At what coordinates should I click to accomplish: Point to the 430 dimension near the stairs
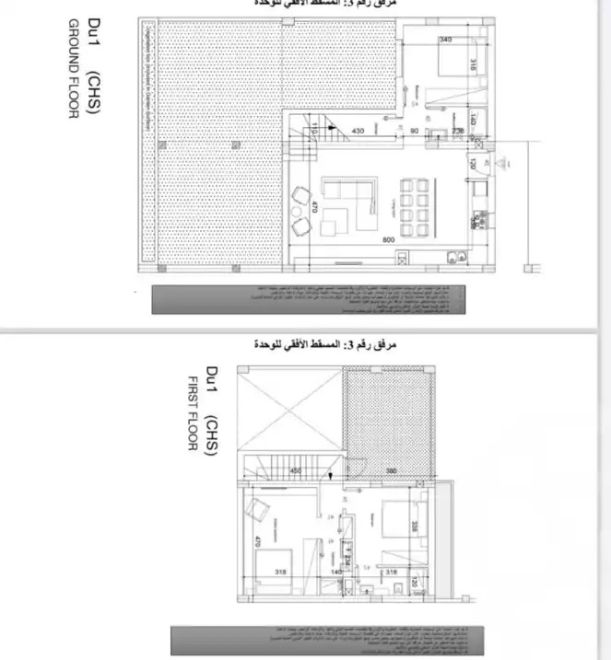click(x=358, y=132)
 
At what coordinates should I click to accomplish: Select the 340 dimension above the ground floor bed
click(x=446, y=40)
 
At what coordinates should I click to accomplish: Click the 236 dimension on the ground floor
click(x=458, y=132)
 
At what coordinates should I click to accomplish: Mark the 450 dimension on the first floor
click(x=296, y=470)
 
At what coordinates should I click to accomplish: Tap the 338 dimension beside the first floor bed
click(x=416, y=527)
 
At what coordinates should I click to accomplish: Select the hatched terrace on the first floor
click(x=388, y=411)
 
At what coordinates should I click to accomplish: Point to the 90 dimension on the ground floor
click(x=414, y=132)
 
